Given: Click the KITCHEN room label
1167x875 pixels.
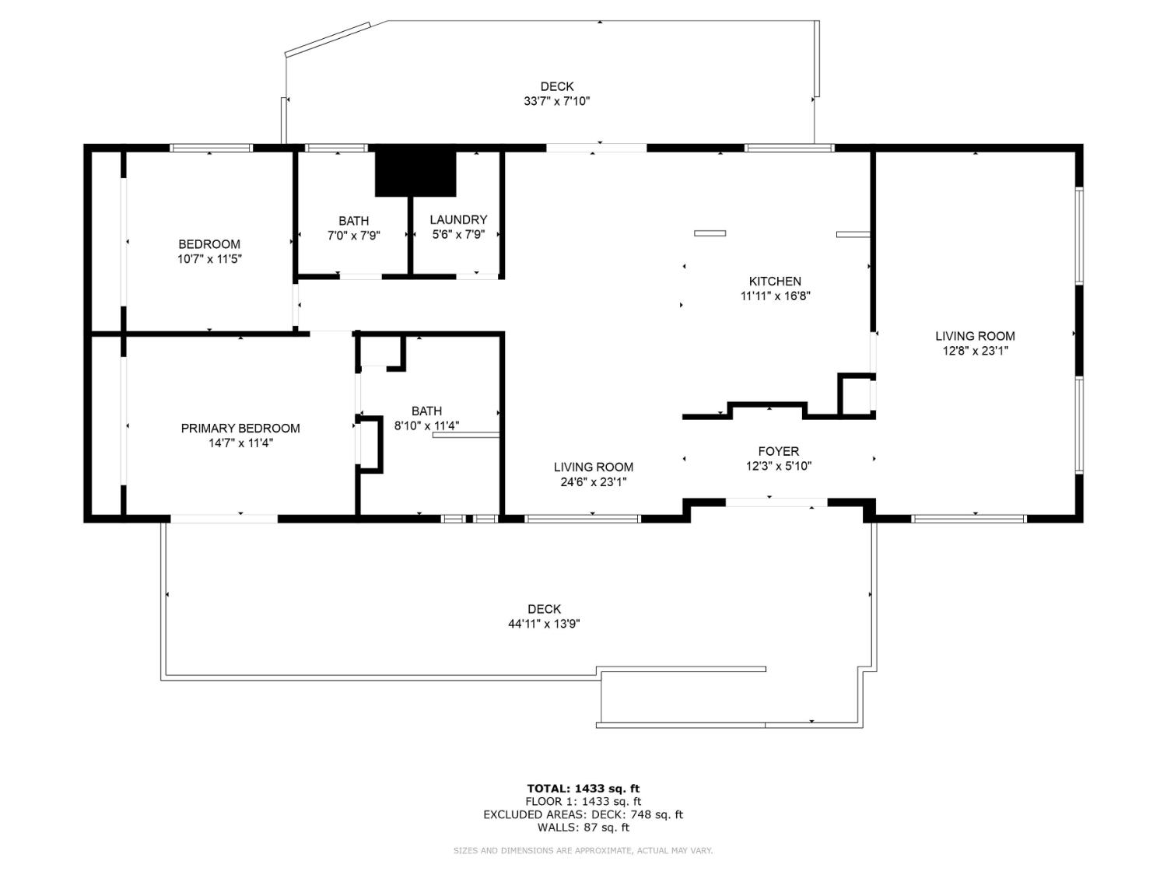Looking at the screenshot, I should click(775, 282).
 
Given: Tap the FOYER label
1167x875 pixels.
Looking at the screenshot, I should click(778, 451).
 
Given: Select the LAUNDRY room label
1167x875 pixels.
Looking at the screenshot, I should click(458, 220).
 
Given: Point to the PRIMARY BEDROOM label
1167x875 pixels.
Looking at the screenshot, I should click(240, 429).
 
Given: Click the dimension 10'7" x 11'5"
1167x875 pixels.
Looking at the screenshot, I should click(209, 259).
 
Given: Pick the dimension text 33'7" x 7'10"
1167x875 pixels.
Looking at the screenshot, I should click(557, 101).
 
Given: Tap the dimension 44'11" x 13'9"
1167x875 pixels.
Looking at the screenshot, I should click(544, 624).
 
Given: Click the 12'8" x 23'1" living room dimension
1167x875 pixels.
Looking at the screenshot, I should click(975, 351).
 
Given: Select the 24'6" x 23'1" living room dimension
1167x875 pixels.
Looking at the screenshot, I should click(593, 482).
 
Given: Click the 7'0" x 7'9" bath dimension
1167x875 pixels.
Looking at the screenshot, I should click(353, 236).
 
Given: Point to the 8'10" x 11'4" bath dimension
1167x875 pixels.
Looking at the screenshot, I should click(426, 425).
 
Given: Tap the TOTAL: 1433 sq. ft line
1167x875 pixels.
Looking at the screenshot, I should click(583, 788).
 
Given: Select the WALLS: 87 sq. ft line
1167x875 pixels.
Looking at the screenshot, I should click(583, 828).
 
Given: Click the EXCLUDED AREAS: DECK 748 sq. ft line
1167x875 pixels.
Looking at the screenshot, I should click(583, 814).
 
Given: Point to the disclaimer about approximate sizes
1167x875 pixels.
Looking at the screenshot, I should click(583, 851).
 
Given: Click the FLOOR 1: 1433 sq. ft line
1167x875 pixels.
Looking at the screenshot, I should click(583, 801).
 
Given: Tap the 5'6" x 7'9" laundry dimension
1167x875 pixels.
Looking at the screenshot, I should click(458, 235).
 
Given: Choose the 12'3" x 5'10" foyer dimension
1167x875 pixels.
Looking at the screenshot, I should click(778, 467).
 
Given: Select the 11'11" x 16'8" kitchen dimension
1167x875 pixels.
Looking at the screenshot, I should click(775, 296).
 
